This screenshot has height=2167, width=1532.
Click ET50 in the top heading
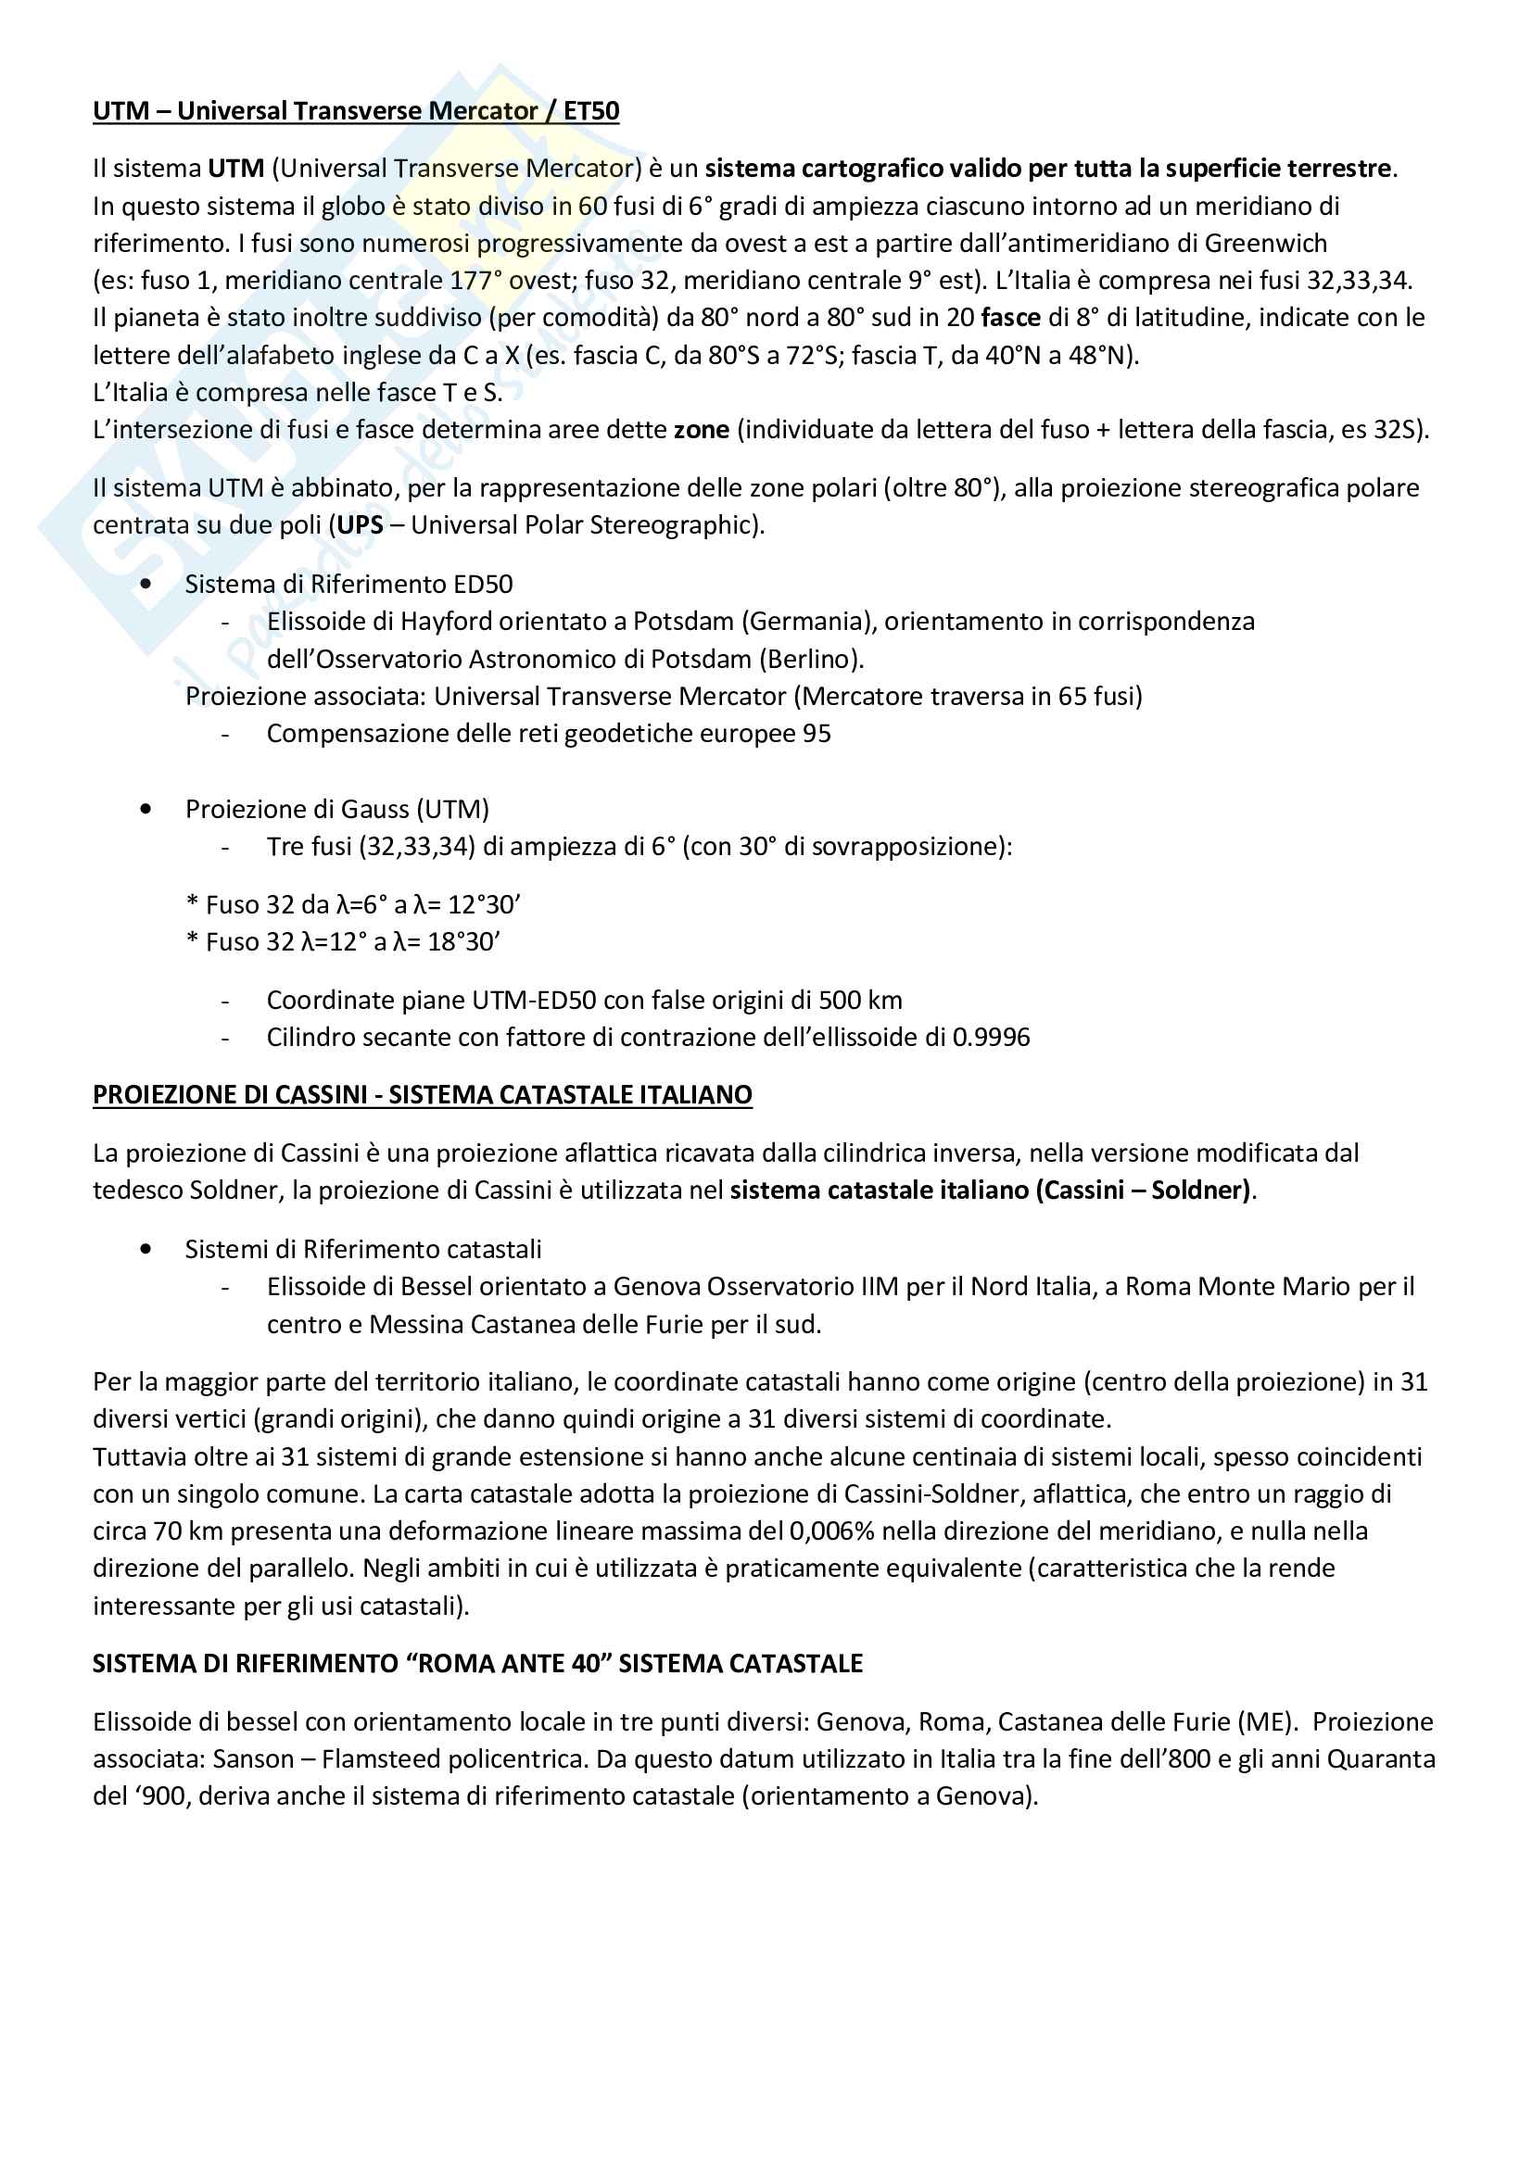point(591,111)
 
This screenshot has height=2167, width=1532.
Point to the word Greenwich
point(1266,244)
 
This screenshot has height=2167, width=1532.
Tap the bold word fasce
point(1010,318)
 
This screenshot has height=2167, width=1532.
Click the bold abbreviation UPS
point(360,524)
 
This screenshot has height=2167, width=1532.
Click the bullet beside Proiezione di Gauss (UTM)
point(146,809)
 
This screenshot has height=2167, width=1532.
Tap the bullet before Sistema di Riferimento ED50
point(146,585)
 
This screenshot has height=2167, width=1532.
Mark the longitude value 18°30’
point(463,942)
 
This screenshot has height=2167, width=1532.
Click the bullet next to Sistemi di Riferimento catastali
point(146,1250)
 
